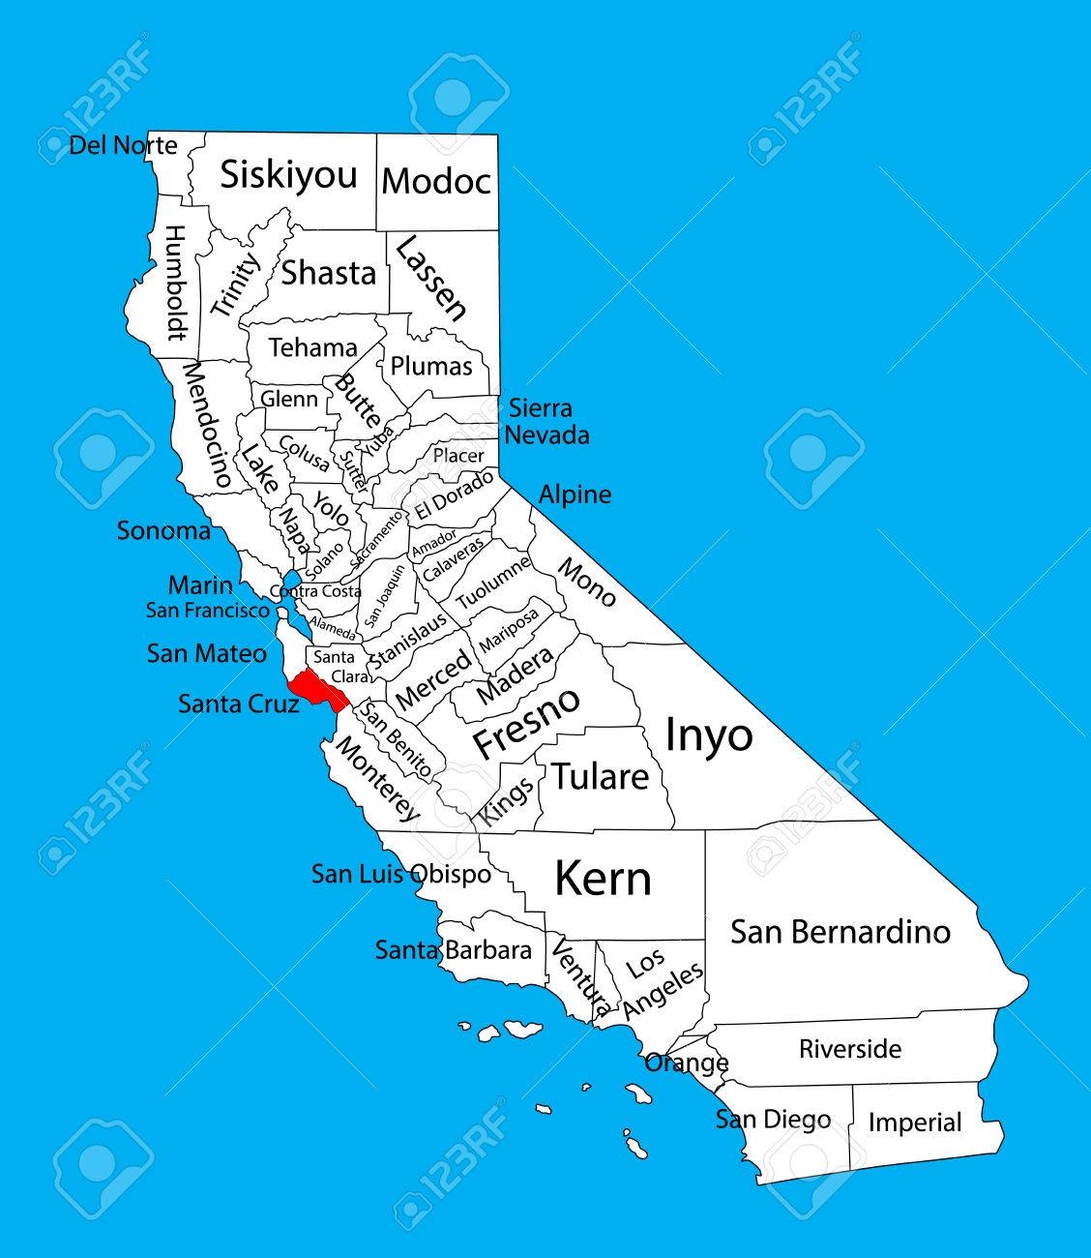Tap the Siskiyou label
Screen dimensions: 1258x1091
288,175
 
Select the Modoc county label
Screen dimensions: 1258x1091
436,181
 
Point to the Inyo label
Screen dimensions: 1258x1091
708,735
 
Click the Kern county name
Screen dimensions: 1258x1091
602,879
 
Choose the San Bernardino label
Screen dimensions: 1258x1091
840,932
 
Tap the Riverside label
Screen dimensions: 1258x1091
849,1049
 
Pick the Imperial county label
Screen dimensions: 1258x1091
914,1123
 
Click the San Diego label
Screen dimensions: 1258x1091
773,1120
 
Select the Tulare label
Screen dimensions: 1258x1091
600,776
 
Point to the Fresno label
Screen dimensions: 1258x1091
526,723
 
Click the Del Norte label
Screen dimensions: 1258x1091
123,146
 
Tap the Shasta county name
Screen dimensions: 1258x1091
328,273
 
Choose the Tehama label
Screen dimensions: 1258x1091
312,347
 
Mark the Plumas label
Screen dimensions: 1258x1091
431,366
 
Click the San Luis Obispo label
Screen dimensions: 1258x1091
400,874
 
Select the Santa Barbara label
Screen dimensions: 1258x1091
454,950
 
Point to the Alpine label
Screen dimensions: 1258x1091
575,494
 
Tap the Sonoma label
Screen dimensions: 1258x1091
163,530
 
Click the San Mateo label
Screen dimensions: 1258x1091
206,653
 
